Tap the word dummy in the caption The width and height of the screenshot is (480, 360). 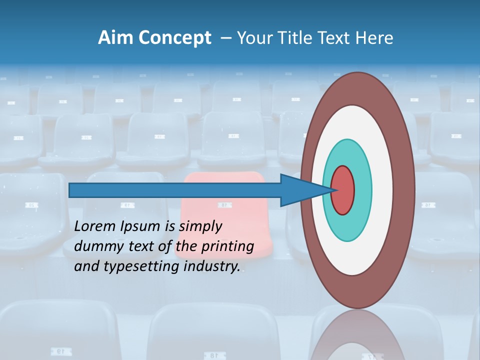(x=97, y=246)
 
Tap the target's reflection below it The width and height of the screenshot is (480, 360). (x=357, y=335)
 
